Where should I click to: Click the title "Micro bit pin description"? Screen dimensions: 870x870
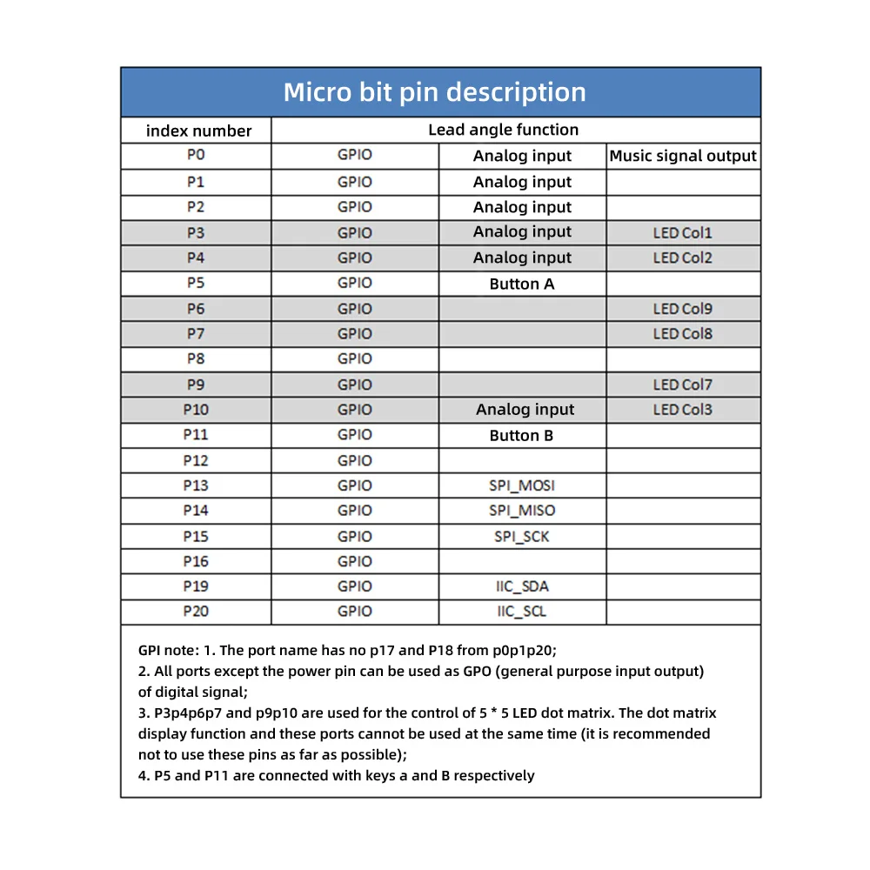pos(435,92)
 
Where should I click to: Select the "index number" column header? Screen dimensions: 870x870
pos(198,131)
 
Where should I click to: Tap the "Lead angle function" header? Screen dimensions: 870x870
pos(503,130)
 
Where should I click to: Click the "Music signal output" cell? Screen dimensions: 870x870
pos(683,157)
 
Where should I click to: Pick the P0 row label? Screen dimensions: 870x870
pos(196,156)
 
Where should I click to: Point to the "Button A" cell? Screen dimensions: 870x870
pos(522,284)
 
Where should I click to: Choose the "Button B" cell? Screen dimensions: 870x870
pos(522,436)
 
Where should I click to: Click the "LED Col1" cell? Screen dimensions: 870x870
pos(683,233)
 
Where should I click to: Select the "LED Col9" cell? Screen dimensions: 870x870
pos(683,309)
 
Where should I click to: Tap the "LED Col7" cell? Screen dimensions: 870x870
pos(683,385)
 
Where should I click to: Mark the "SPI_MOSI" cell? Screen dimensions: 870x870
pos(522,485)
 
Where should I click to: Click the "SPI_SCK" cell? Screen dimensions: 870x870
pos(522,537)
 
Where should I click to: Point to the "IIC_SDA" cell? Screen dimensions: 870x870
pos(522,586)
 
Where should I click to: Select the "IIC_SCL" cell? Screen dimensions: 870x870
pos(522,612)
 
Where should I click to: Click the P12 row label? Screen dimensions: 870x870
pos(196,460)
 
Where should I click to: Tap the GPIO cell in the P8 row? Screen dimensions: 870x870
pos(355,358)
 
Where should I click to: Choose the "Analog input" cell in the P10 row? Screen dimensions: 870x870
pos(525,410)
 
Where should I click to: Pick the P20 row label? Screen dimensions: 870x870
pos(196,612)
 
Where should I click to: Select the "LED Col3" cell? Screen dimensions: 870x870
pos(683,410)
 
